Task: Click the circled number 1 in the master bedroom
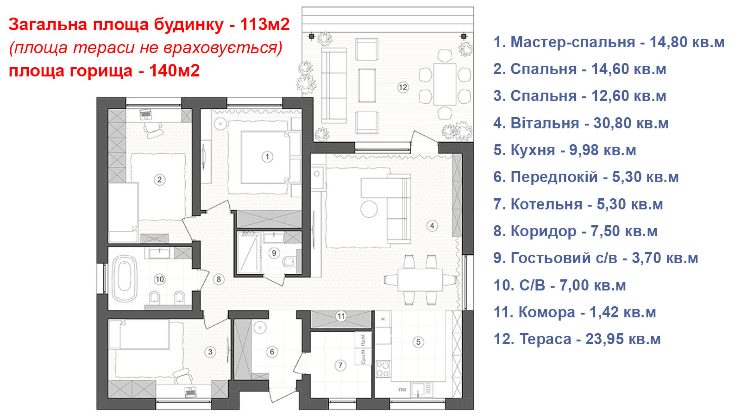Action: point(267,157)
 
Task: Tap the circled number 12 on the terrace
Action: point(403,88)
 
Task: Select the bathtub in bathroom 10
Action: point(125,279)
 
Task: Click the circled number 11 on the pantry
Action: point(341,316)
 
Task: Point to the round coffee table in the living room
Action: point(369,209)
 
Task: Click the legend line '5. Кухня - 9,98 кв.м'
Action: point(565,150)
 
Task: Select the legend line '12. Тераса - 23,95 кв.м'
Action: point(577,339)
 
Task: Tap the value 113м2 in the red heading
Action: point(264,24)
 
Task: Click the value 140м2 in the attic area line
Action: point(174,70)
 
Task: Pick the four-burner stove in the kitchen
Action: point(383,369)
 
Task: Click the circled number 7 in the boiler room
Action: point(340,366)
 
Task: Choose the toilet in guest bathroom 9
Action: point(289,262)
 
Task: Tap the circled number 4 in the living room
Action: point(432,226)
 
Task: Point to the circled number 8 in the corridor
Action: point(218,279)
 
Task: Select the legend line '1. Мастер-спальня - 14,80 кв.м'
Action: point(609,42)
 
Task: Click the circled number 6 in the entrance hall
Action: point(272,352)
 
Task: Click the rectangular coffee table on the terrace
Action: point(367,86)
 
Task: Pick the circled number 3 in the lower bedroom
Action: point(210,352)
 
